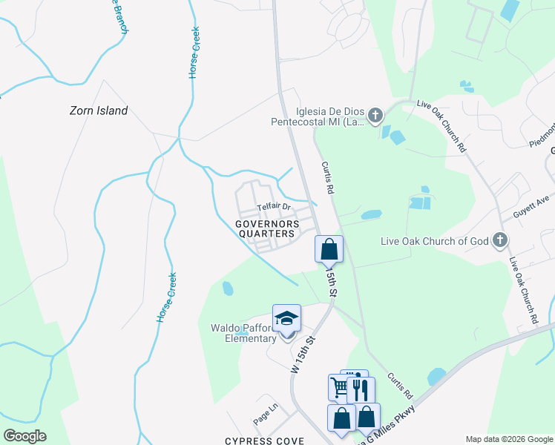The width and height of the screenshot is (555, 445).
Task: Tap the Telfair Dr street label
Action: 272,208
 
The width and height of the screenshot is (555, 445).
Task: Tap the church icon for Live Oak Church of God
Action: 500,240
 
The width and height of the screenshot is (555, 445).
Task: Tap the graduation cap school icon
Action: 286,319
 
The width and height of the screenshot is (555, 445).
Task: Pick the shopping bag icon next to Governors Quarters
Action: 329,249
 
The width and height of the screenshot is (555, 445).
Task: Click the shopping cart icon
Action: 339,386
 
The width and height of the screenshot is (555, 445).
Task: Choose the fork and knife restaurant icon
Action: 361,389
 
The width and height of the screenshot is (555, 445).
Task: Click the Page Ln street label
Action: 264,414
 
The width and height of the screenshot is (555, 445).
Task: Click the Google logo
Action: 24,436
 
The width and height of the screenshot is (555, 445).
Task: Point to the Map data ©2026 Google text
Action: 509,439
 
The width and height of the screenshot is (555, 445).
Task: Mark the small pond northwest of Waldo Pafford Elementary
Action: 228,287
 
